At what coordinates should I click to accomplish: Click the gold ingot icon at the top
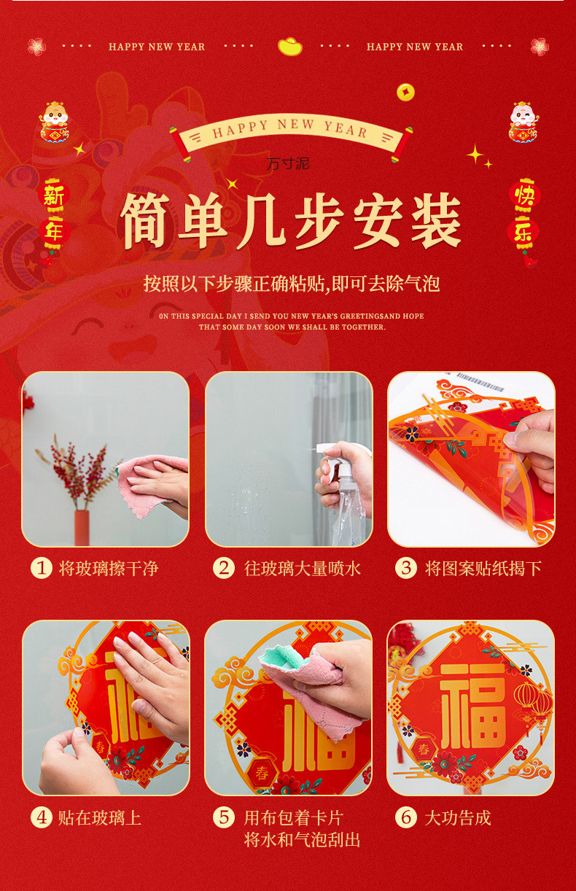coord(289,47)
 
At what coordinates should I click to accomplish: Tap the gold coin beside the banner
coord(405,92)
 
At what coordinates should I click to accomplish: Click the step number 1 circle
coord(41,568)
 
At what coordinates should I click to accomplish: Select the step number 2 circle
coord(223,568)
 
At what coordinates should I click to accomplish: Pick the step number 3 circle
coord(405,568)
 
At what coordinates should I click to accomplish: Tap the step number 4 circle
coord(41,817)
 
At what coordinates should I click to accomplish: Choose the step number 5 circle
coord(223,817)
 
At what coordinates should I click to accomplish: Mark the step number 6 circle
coord(405,817)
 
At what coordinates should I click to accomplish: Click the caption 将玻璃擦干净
coord(109,569)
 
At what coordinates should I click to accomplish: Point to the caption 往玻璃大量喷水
coord(303,569)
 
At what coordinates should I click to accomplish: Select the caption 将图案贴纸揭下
coord(483,569)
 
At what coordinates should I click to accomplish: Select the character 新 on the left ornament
coord(53,196)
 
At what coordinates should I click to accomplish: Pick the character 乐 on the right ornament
coord(523,232)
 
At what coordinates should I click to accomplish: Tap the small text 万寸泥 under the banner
coord(288,163)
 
